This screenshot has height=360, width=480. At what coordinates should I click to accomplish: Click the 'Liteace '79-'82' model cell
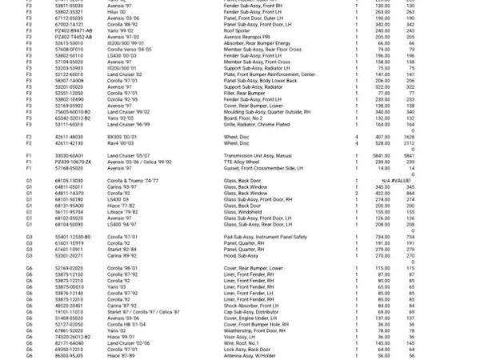pyautogui.click(x=122, y=213)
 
